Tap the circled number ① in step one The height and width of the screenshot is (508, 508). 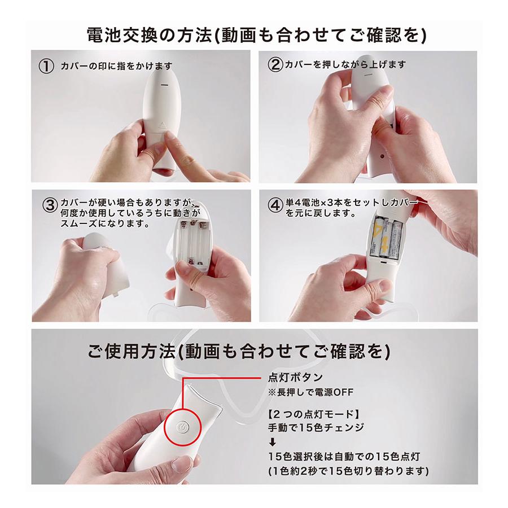pos(46,65)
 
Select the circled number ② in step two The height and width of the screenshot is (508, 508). pos(274,64)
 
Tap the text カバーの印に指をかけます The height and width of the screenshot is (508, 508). pos(116,65)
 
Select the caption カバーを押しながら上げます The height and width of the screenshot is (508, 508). pos(344,64)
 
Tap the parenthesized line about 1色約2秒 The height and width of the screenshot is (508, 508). pos(349,470)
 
